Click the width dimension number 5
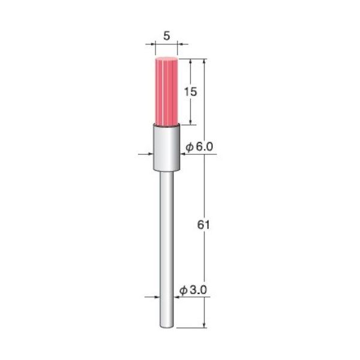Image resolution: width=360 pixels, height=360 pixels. click(x=166, y=35)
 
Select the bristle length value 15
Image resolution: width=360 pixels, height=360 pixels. click(x=191, y=92)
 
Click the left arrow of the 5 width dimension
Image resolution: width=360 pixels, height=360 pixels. click(x=150, y=44)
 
